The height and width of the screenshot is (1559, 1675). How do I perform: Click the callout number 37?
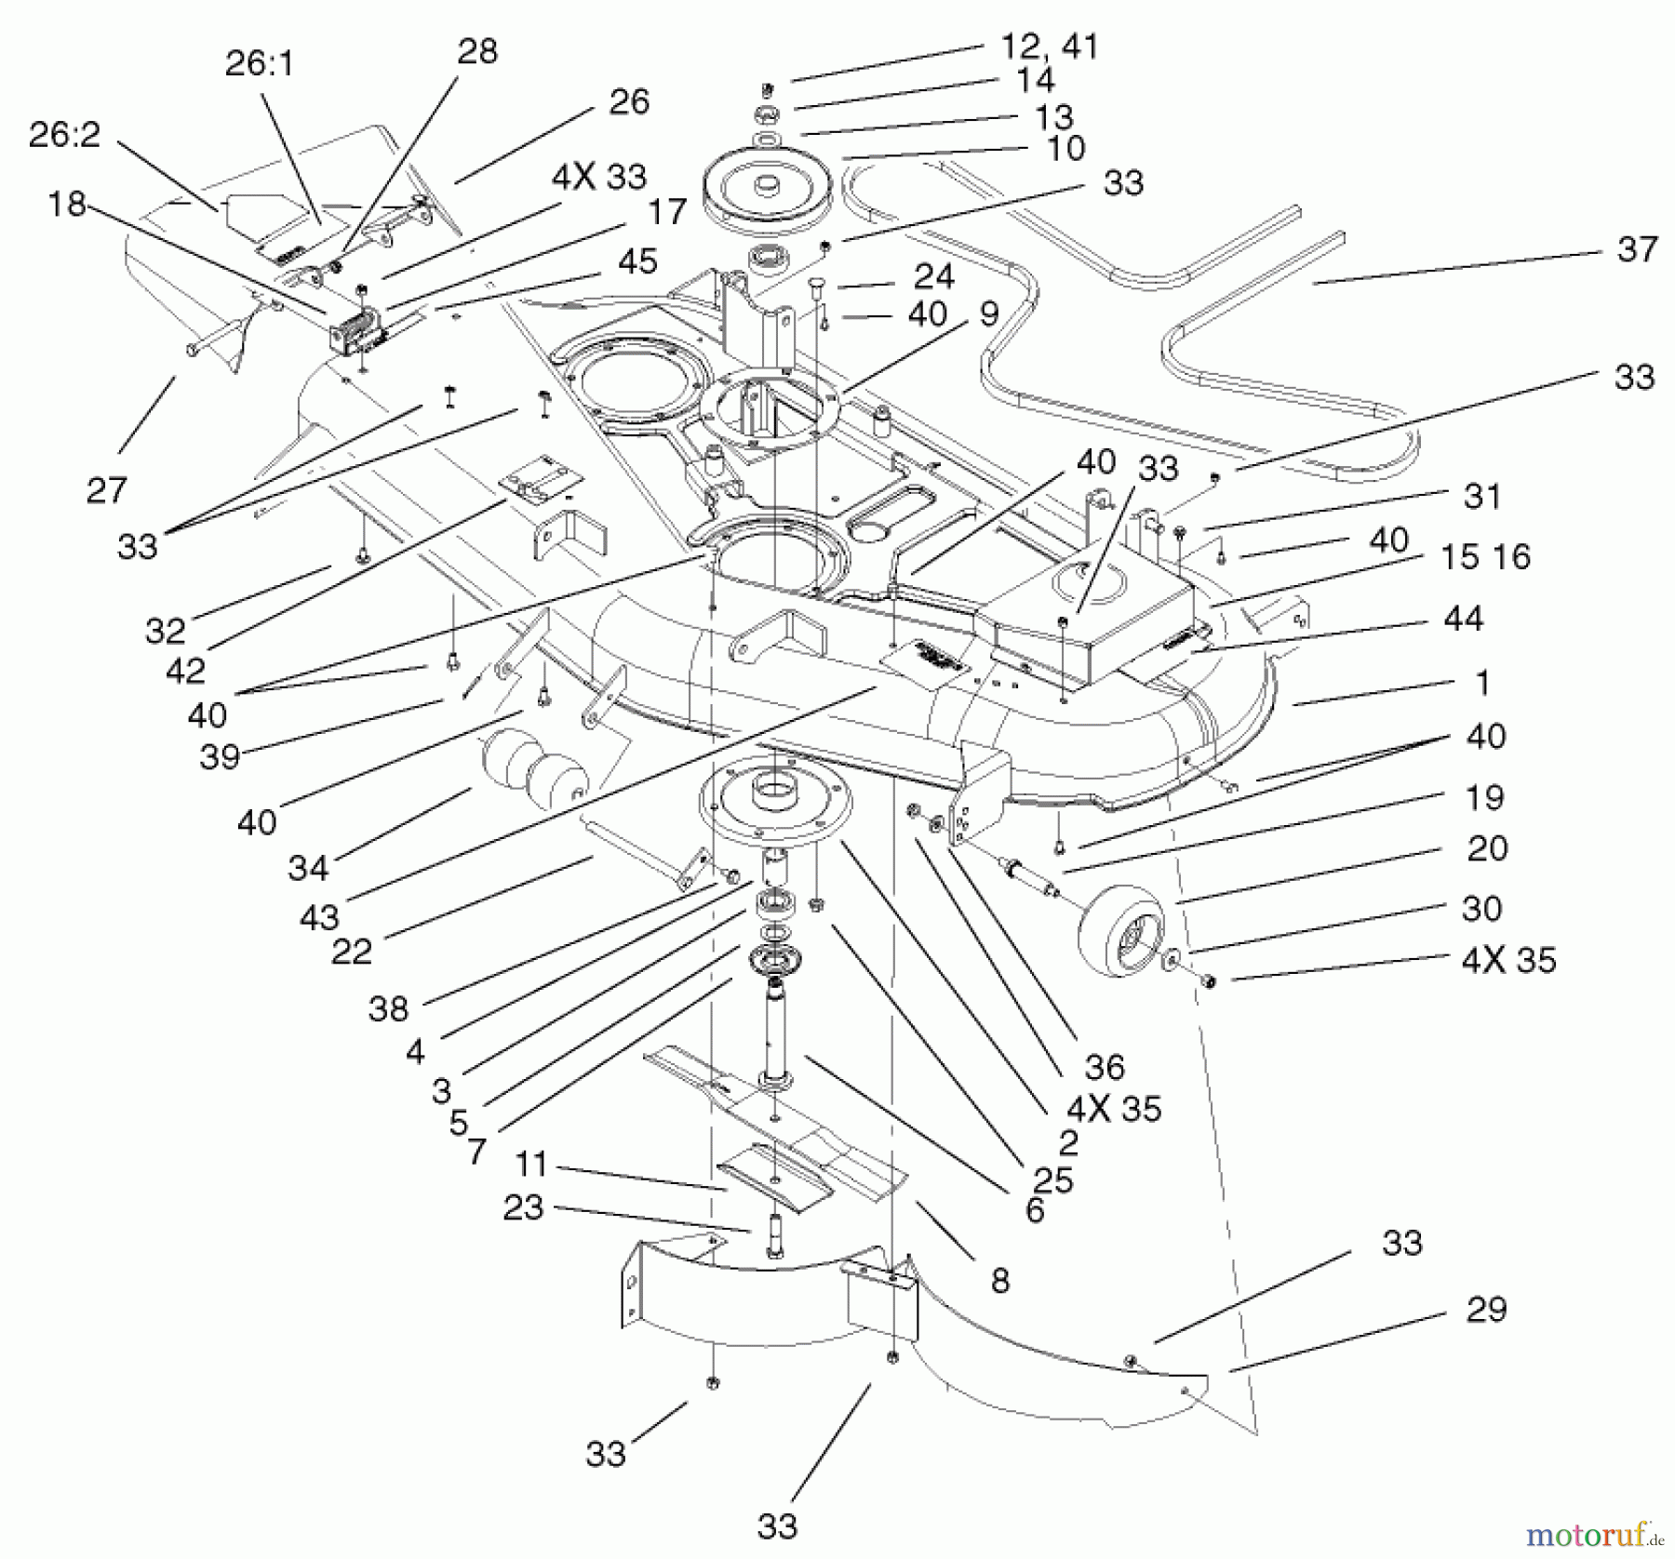(1638, 249)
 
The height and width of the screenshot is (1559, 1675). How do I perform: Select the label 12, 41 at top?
(1049, 47)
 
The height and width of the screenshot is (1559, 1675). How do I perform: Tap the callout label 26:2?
(64, 135)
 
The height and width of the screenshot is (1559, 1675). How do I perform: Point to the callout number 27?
(106, 489)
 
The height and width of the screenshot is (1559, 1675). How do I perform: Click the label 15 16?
(1484, 557)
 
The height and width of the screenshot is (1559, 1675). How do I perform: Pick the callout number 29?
(1485, 1310)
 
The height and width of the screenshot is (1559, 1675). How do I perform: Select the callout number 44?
(1463, 619)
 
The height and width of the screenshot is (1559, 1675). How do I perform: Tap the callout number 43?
(319, 917)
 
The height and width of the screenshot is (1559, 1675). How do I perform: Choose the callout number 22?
(352, 951)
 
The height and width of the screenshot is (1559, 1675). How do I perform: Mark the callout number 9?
(988, 313)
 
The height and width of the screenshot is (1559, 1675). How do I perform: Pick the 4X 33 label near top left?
(598, 177)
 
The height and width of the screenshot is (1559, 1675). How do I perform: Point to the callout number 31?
(1482, 496)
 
